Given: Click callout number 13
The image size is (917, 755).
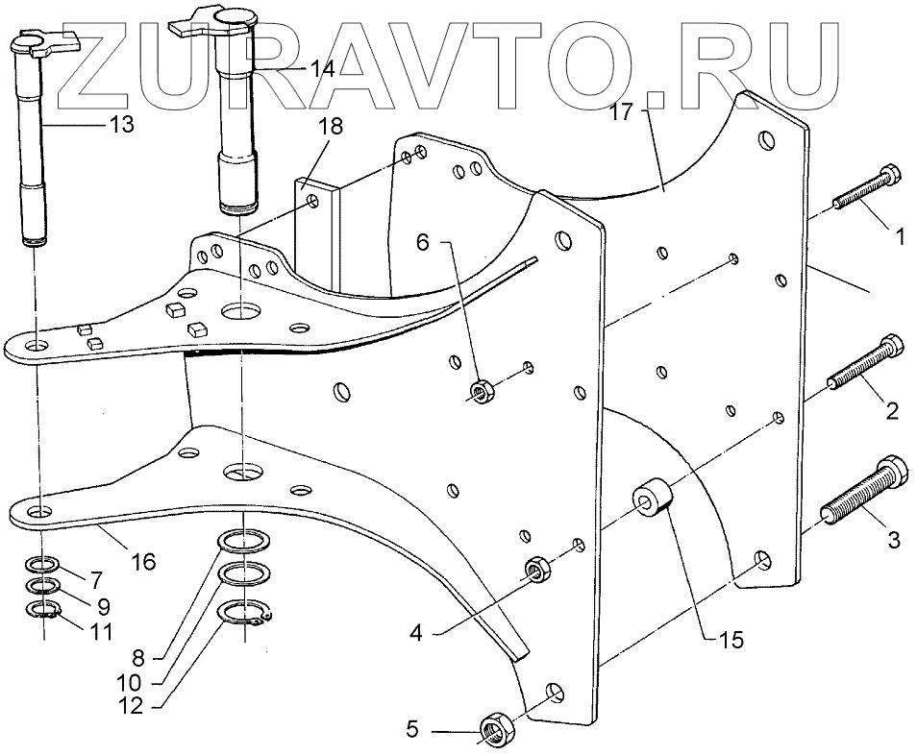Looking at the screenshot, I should coord(122,124).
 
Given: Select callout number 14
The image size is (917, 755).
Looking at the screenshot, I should coord(320,70).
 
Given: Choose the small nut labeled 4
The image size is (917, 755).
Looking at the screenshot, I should coord(536,571).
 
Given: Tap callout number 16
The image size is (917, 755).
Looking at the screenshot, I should coord(143,562).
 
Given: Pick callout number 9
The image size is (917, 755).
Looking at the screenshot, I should coord(103,606).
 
